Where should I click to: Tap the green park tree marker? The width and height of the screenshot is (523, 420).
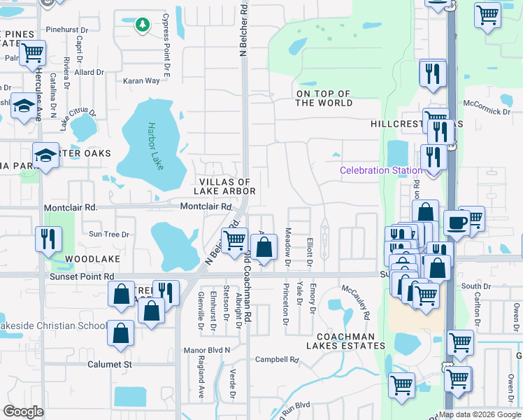142,25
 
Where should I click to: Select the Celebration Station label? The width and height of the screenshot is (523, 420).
380,171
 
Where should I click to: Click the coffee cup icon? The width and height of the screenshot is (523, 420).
457,222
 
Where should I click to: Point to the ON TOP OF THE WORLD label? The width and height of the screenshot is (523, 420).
323,98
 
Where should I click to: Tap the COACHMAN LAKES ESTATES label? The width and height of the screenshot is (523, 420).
345,341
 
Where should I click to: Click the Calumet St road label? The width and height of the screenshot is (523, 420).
110,364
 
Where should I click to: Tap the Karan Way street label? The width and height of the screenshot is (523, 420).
142,81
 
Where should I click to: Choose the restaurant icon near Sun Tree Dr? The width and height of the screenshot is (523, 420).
48,239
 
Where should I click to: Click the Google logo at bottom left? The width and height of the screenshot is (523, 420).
23,411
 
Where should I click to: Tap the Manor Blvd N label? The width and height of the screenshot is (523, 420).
206,349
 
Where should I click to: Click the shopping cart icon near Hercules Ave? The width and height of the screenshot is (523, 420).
32,52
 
